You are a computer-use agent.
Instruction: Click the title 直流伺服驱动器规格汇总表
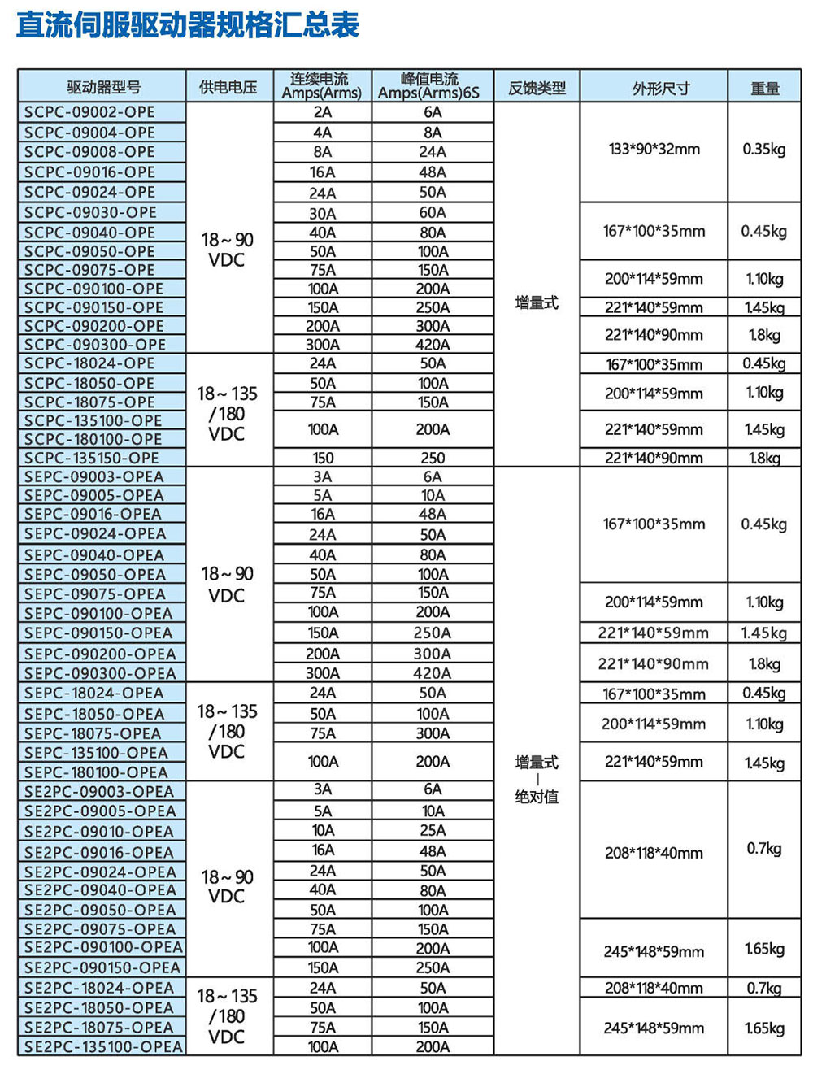click(188, 24)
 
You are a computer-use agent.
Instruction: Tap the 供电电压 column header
click(228, 87)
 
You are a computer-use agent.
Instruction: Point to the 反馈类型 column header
click(537, 87)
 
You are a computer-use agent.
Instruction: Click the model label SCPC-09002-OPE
click(89, 112)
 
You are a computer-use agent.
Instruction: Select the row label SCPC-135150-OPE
click(92, 458)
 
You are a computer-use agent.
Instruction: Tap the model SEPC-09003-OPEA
click(94, 476)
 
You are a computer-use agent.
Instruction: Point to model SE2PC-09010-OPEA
click(99, 831)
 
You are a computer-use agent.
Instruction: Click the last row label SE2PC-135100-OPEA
click(103, 1046)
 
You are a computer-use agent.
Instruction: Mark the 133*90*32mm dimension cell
click(654, 150)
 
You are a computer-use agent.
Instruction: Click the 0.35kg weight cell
click(764, 150)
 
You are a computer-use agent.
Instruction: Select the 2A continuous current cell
click(323, 112)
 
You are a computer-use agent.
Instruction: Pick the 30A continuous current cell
click(323, 213)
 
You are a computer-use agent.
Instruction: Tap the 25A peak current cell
click(433, 830)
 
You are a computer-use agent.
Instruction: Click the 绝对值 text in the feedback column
click(537, 797)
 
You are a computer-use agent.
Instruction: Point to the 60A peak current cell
click(433, 212)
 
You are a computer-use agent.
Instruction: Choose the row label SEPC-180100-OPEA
click(96, 772)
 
